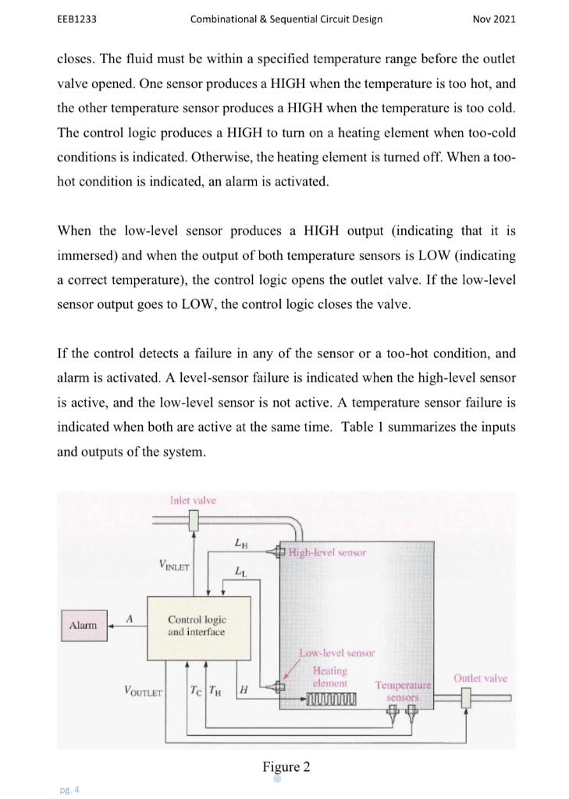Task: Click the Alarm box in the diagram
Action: click(83, 625)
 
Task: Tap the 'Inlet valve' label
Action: click(192, 500)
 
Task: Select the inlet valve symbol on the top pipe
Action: click(193, 527)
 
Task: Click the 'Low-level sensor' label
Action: click(337, 652)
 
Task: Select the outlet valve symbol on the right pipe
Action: click(467, 699)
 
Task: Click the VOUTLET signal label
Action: click(143, 691)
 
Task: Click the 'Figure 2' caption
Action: click(286, 767)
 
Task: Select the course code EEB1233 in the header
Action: click(76, 19)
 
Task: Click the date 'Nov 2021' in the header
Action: click(494, 19)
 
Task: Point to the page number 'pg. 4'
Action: click(69, 790)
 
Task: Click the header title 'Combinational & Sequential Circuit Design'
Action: click(286, 19)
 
